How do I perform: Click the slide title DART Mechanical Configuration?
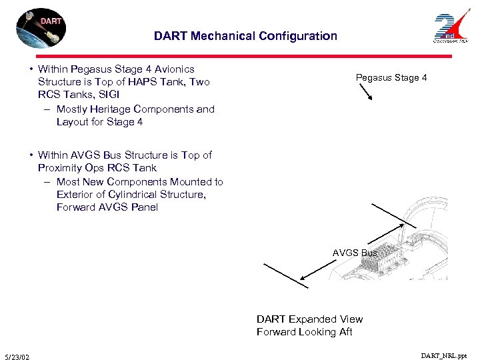pos(245,36)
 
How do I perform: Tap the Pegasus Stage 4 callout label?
pos(391,78)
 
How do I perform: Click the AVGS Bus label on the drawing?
pos(355,253)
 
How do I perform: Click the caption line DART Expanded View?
pos(309,319)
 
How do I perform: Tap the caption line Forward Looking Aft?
pos(305,332)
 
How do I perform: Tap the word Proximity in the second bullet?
pos(59,168)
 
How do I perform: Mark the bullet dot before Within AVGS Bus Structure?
pos(31,155)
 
